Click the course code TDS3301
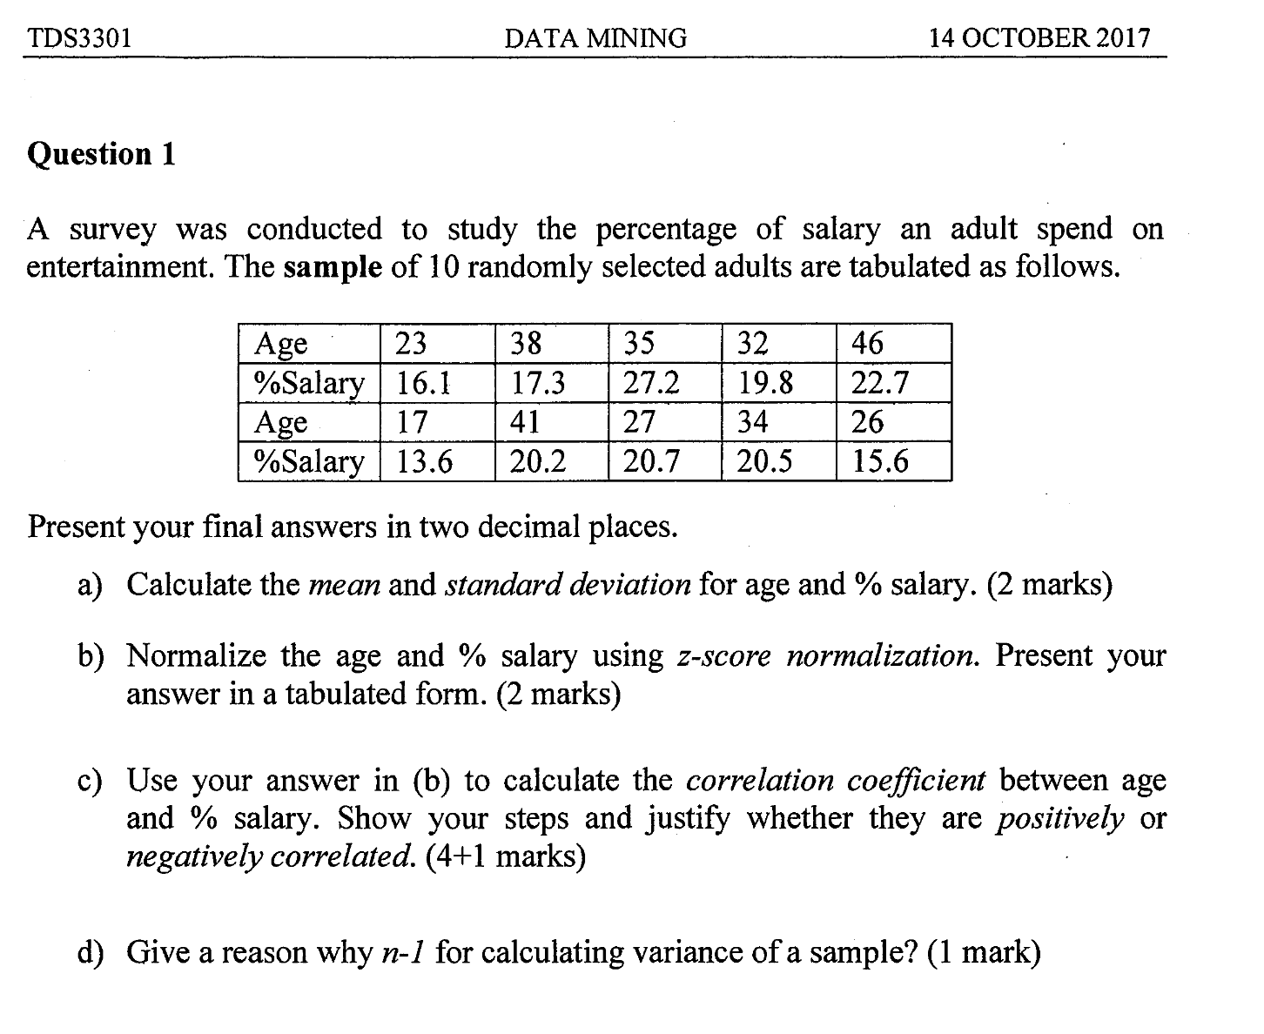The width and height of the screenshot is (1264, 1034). tap(79, 39)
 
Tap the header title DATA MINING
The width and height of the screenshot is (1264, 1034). tap(595, 38)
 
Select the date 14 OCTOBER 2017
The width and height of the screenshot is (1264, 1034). tap(1039, 38)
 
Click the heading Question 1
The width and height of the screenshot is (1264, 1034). tap(102, 154)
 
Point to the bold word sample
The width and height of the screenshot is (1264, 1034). tap(333, 266)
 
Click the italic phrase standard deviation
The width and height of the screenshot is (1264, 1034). tap(568, 585)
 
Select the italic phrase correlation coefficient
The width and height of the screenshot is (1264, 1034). tap(836, 781)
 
